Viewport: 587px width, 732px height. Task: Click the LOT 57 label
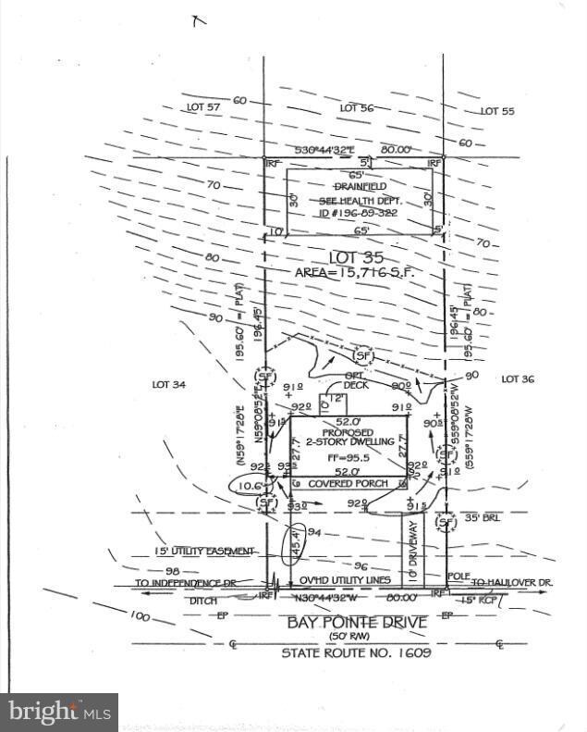click(x=203, y=108)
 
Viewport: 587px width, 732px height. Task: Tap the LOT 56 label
click(x=357, y=108)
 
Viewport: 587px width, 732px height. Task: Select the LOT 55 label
click(x=497, y=111)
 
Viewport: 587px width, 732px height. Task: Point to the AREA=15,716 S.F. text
click(x=357, y=273)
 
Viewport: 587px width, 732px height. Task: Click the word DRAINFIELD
click(x=356, y=185)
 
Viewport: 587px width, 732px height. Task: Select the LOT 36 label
click(x=520, y=378)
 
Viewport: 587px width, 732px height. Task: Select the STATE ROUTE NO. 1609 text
click(x=357, y=653)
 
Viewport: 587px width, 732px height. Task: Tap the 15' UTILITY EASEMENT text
click(x=193, y=551)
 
